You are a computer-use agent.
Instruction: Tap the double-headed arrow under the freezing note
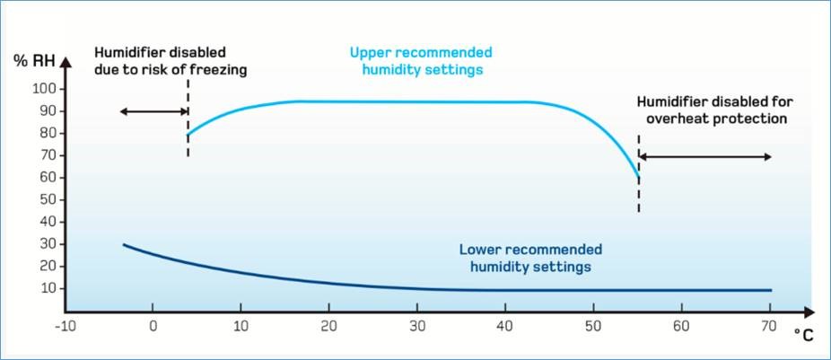point(153,111)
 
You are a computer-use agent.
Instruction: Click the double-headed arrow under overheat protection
point(704,157)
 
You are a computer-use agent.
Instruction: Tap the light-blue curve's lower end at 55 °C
point(638,178)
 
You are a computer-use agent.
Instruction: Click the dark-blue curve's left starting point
point(124,244)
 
